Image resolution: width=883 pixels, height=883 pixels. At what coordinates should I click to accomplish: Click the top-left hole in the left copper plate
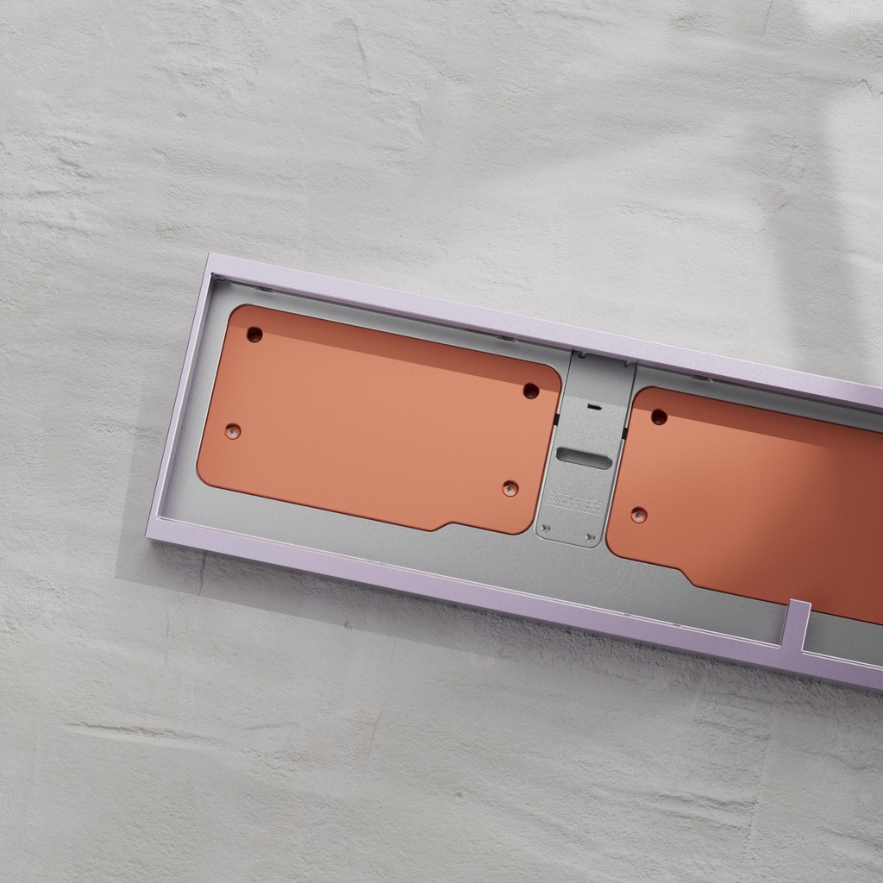coord(254,334)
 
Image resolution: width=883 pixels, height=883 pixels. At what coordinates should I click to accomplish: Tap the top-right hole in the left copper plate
coord(531,391)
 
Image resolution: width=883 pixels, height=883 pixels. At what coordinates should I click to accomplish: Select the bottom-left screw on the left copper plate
coord(233,430)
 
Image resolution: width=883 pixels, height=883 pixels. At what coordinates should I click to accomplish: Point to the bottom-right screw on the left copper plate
coord(510,488)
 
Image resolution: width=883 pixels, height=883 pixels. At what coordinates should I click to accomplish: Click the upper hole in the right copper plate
coord(659,416)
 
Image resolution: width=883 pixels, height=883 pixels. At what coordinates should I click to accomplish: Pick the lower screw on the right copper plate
coord(639,515)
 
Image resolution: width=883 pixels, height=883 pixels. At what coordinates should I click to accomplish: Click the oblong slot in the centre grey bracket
coord(584,458)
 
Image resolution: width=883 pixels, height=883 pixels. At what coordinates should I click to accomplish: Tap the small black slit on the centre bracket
coord(592,405)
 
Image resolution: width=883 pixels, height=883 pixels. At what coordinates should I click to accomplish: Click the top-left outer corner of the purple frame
coord(210,255)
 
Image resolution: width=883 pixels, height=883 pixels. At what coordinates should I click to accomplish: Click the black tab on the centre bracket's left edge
coord(557,420)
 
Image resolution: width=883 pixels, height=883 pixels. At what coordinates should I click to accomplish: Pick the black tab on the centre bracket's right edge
coord(623,433)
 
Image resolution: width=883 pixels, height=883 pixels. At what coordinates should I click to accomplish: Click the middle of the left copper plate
coord(379,418)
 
